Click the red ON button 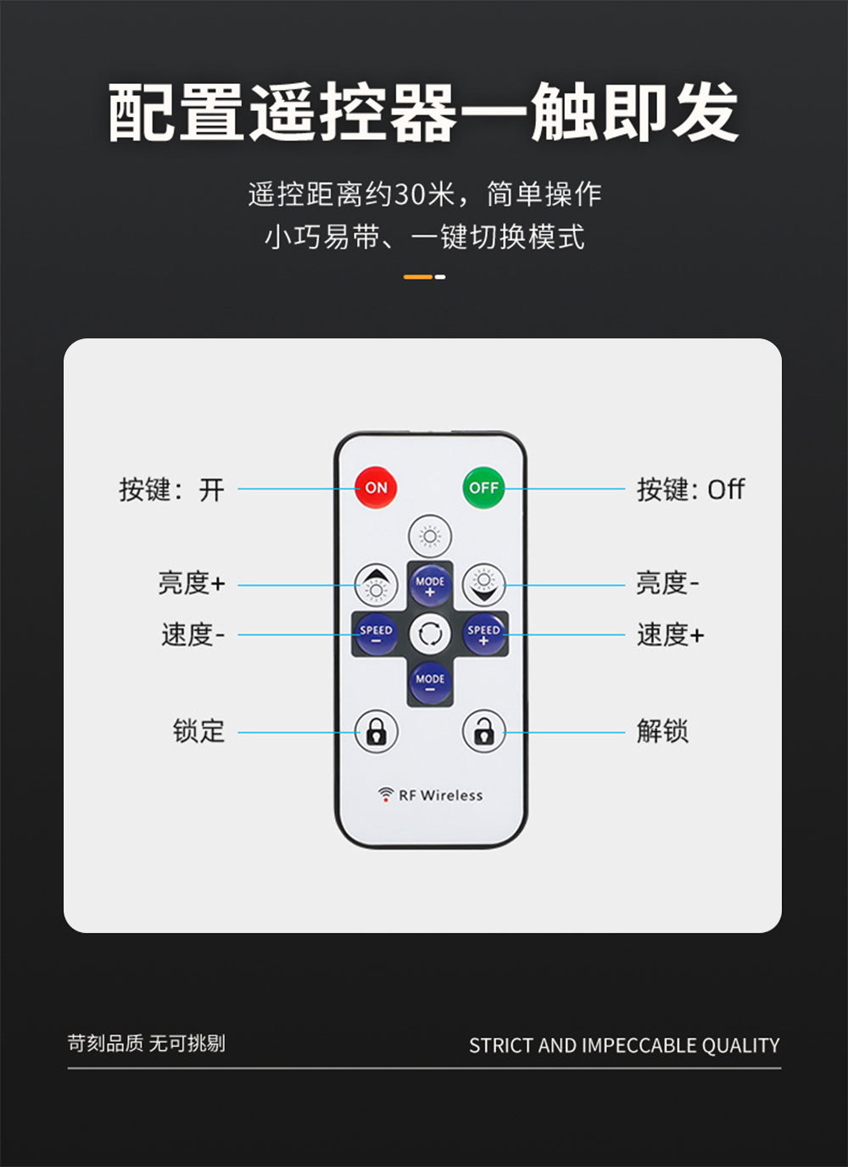pyautogui.click(x=376, y=488)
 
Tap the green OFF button pyautogui.click(x=483, y=488)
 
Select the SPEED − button pyautogui.click(x=376, y=634)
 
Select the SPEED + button pyautogui.click(x=483, y=634)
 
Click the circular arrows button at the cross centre pyautogui.click(x=430, y=634)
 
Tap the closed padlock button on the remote pyautogui.click(x=376, y=730)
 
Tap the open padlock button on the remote pyautogui.click(x=483, y=730)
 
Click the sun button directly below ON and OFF pyautogui.click(x=430, y=536)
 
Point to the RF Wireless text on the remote pyautogui.click(x=441, y=796)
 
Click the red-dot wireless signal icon pyautogui.click(x=386, y=795)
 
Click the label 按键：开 pyautogui.click(x=171, y=489)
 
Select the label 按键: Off pyautogui.click(x=690, y=489)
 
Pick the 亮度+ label pyautogui.click(x=191, y=583)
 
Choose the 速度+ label pyautogui.click(x=670, y=634)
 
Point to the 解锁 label pyautogui.click(x=662, y=730)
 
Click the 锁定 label pyautogui.click(x=198, y=730)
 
